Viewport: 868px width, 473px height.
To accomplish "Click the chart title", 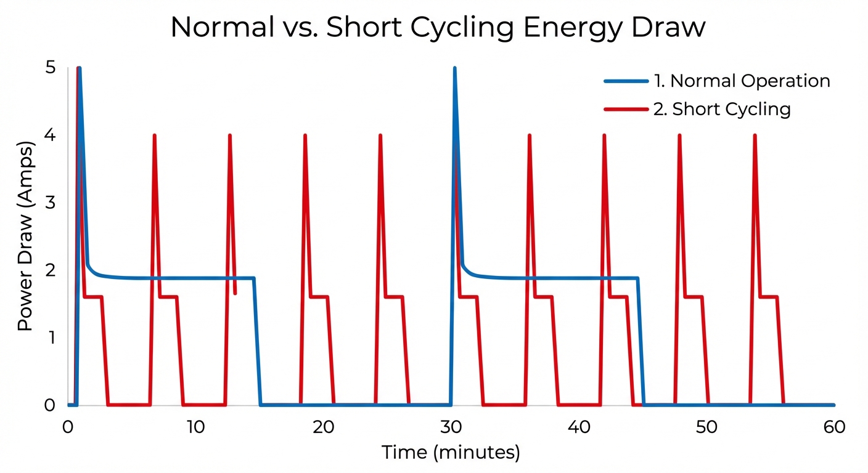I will (437, 28).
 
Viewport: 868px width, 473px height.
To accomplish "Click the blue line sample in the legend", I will (626, 81).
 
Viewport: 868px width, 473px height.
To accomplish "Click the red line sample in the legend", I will (626, 110).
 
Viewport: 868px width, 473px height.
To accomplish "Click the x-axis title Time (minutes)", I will (451, 452).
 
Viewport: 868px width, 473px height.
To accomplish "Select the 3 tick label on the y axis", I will (51, 203).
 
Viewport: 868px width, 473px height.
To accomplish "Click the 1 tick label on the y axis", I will (51, 338).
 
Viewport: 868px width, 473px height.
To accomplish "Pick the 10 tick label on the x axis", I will (195, 427).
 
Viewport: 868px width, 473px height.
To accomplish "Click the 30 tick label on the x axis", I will (451, 427).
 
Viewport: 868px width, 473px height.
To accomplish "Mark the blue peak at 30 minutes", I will (454, 68).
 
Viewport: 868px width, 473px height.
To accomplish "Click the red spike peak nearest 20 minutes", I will (305, 135).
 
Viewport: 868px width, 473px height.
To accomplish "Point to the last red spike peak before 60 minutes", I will (755, 135).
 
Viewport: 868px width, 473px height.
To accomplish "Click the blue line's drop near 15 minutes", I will (257, 342).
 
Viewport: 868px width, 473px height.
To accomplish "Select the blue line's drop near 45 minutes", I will (641, 342).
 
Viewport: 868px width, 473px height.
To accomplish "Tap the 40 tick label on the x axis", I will (578, 427).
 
